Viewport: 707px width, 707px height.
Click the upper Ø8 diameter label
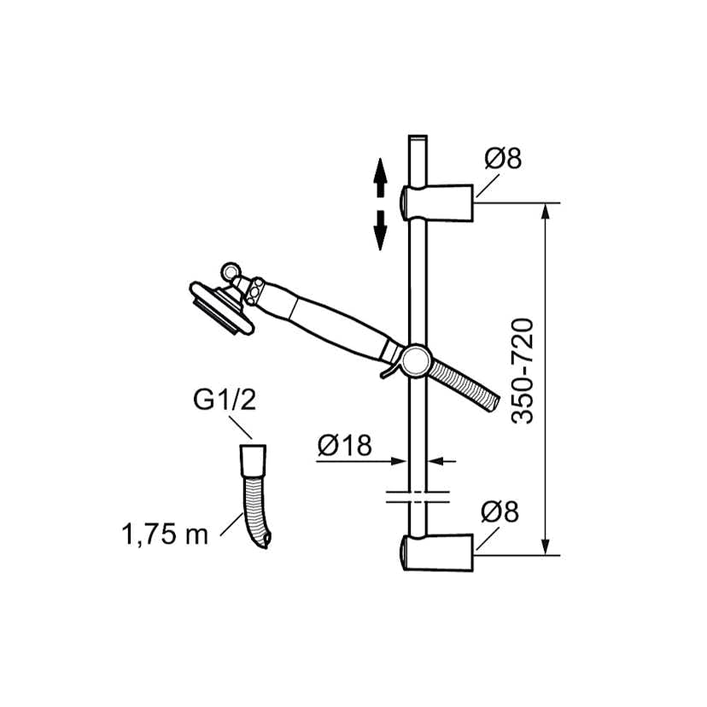502,159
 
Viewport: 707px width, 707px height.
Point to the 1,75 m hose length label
165,535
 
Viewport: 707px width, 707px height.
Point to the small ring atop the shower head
231,272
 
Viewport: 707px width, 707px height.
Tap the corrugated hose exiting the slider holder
465,382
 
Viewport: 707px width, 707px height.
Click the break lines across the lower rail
418,496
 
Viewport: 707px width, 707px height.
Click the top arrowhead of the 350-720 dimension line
546,210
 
